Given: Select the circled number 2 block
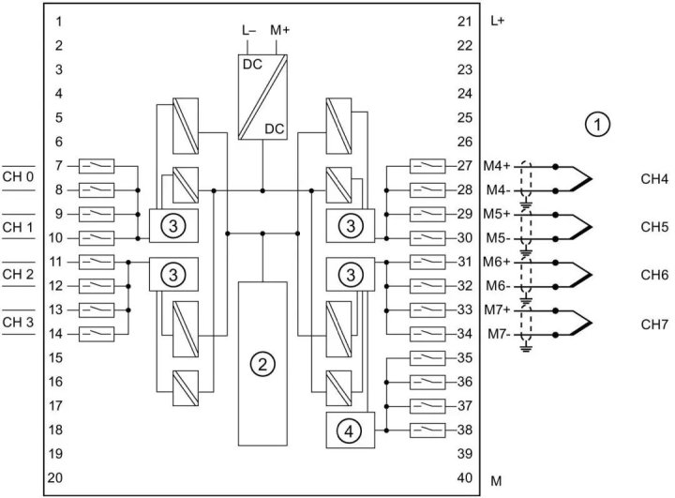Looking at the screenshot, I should click(264, 363).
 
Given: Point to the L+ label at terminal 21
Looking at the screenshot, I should click(498, 21).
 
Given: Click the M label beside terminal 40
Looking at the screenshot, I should click(497, 480).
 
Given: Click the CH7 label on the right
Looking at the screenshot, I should click(653, 322).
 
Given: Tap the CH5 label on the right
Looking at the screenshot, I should click(653, 226).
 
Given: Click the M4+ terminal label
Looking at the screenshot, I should click(498, 166).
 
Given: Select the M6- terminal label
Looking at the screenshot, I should click(498, 286).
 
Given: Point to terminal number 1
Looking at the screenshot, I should click(58, 21).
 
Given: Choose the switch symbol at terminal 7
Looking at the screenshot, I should click(97, 166).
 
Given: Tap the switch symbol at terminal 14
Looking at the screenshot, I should click(97, 334).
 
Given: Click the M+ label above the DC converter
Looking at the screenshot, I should click(280, 30).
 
